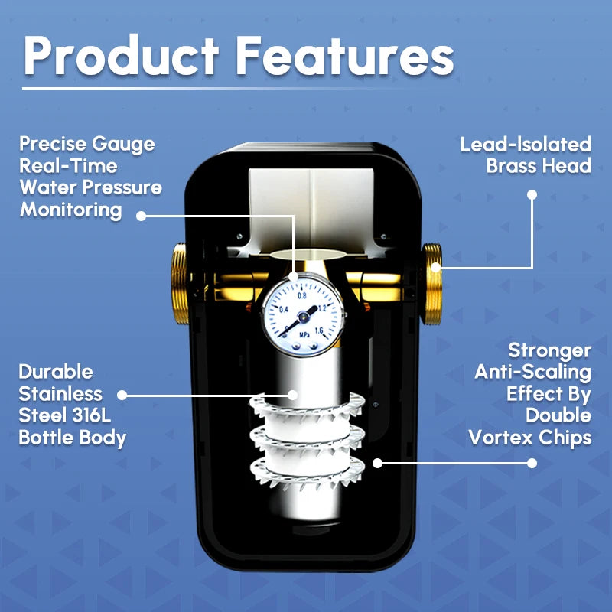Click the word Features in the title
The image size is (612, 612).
coord(345,55)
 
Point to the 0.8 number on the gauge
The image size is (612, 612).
coord(301,295)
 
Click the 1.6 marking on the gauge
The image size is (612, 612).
coord(319,331)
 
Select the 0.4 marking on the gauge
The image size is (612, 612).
coord(284,310)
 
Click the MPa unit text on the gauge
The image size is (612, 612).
coord(304,335)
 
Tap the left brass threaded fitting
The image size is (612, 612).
coord(180,284)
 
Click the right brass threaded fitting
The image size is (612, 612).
coord(431,284)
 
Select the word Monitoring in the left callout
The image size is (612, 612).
coord(71,210)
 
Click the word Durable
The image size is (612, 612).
coord(56,372)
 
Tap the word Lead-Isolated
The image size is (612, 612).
coord(526,145)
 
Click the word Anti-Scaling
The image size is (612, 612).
coord(532,372)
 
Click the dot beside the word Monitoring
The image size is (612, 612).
coord(142,216)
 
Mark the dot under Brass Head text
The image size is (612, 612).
coord(532,194)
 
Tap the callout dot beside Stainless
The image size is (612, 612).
coord(122,395)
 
